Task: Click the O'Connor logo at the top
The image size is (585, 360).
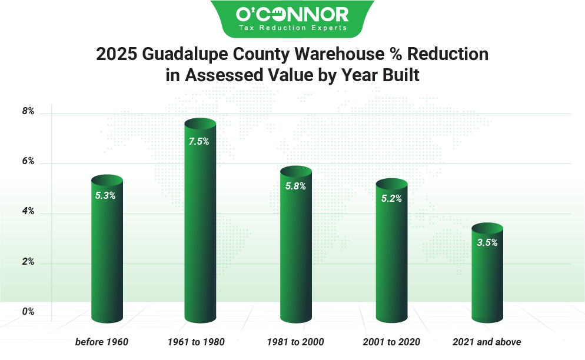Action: click(292, 14)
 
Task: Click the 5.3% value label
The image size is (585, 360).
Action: click(105, 196)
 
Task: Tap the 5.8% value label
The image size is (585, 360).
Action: click(295, 186)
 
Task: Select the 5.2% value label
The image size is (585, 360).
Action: click(391, 199)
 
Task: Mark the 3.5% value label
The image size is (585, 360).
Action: click(487, 242)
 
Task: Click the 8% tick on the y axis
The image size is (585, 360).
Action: click(28, 111)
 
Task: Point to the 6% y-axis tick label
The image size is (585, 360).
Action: click(28, 162)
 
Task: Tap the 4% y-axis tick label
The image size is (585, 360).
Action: click(28, 212)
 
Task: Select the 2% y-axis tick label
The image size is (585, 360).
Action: click(28, 262)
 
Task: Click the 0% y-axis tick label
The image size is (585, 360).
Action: click(28, 312)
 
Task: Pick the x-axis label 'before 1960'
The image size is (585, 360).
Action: click(102, 342)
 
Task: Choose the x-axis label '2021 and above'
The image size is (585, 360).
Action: click(487, 342)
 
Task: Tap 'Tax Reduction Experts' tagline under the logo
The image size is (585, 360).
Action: click(292, 28)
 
